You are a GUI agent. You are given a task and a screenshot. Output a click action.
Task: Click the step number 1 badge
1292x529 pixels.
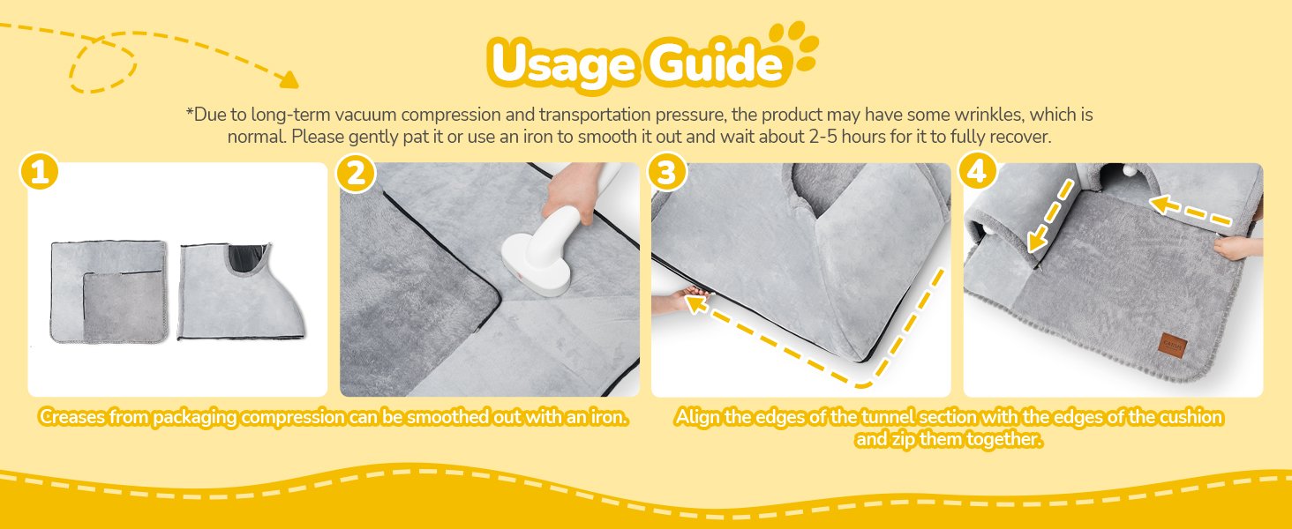click(x=39, y=171)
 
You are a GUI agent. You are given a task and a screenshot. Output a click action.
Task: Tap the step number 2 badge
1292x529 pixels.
click(x=356, y=172)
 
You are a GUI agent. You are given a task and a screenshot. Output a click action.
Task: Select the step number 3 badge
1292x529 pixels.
click(x=667, y=171)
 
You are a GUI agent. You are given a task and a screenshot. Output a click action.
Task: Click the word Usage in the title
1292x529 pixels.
click(x=562, y=64)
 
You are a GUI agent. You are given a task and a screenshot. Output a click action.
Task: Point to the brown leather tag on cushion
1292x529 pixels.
click(x=1172, y=345)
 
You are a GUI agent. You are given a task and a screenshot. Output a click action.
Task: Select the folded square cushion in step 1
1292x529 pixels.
click(x=109, y=292)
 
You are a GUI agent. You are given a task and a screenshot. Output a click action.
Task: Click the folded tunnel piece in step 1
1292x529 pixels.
click(x=241, y=292)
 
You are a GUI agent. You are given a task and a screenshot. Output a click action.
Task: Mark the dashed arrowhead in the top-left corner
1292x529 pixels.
click(x=289, y=79)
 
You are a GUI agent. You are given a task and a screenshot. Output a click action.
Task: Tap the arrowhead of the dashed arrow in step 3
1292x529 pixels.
click(x=697, y=303)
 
